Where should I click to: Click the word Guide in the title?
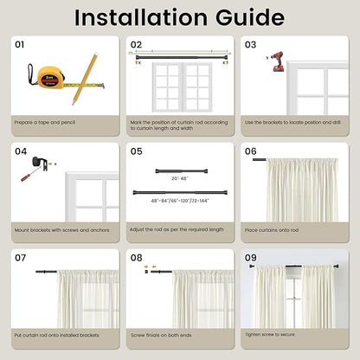point(250,18)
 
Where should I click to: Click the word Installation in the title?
point(141,17)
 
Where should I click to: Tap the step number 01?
point(20,44)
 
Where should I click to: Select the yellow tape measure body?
point(51,77)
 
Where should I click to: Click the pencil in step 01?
point(85,79)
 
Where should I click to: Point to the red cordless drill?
point(278,61)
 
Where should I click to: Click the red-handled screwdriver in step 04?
point(31,174)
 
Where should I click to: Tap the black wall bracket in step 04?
point(40,164)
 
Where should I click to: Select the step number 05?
point(136,151)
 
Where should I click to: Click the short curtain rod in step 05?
point(182,171)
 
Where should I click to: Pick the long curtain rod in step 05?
point(180,192)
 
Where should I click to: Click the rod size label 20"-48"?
point(180,178)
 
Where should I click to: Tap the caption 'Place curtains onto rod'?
point(272,230)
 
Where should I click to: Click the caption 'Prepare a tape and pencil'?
point(45,122)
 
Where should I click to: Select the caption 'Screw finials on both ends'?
point(161,335)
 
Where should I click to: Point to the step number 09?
point(251,258)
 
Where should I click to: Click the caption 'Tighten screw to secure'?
point(270,335)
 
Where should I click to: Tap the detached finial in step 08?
point(146,272)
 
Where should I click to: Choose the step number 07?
point(21,258)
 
